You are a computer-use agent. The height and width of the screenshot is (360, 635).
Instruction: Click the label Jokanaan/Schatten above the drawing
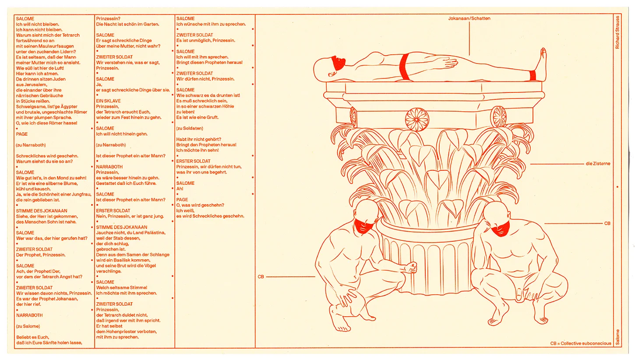(x=469, y=18)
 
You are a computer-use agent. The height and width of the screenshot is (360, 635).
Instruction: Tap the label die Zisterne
(x=598, y=164)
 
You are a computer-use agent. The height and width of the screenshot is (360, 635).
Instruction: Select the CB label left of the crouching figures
(x=261, y=277)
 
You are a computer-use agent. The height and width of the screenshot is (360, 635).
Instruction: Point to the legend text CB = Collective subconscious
(x=580, y=343)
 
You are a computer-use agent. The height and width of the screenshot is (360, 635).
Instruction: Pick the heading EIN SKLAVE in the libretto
(x=108, y=101)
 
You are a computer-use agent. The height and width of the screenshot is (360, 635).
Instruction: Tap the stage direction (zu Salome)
(x=28, y=326)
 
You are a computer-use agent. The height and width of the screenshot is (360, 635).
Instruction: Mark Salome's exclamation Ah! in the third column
(x=180, y=189)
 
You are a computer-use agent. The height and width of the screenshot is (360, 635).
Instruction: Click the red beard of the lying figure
(x=337, y=64)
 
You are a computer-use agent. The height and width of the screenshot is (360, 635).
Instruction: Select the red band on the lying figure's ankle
(x=533, y=75)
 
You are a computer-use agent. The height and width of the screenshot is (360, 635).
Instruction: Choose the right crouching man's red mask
(x=500, y=229)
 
